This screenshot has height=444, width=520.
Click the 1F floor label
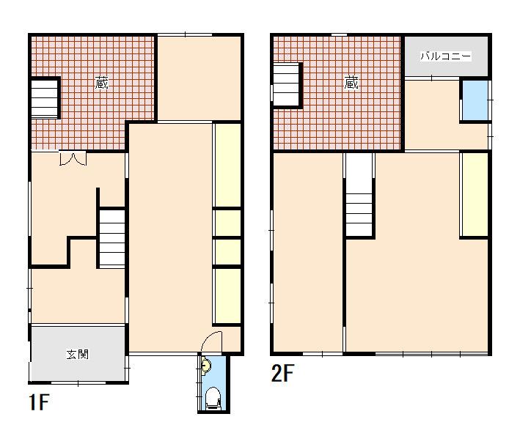pyautogui.click(x=39, y=402)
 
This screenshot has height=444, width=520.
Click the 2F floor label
pyautogui.click(x=282, y=373)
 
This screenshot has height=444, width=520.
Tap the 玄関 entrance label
pyautogui.click(x=78, y=354)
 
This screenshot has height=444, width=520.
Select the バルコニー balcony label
pyautogui.click(x=445, y=56)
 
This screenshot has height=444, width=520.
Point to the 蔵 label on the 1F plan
pyautogui.click(x=101, y=83)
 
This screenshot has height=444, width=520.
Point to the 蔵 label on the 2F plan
pyautogui.click(x=351, y=83)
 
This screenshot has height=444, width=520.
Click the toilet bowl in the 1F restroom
pyautogui.click(x=213, y=398)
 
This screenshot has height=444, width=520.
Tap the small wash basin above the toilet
pyautogui.click(x=205, y=366)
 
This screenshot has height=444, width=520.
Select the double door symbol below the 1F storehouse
pyautogui.click(x=73, y=158)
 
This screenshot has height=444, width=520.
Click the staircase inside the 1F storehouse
pyautogui.click(x=45, y=98)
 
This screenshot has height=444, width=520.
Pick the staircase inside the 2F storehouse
pyautogui.click(x=286, y=85)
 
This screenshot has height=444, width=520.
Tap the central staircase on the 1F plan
pyautogui.click(x=112, y=237)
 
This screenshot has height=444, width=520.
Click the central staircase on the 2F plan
pyautogui.click(x=359, y=194)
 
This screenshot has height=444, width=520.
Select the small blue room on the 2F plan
pyautogui.click(x=475, y=100)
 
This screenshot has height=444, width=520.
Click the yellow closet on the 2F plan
pyautogui.click(x=475, y=194)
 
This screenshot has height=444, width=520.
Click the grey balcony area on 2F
pyautogui.click(x=447, y=56)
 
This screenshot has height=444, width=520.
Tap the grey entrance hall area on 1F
pyautogui.click(x=78, y=354)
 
